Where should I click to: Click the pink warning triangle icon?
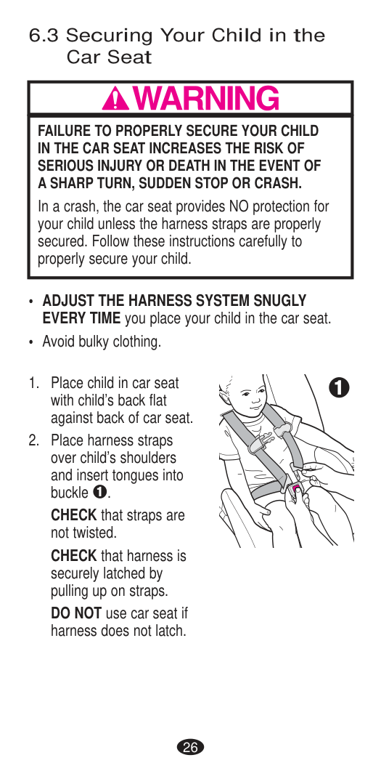pos(115,100)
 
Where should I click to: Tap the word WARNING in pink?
pos(205,99)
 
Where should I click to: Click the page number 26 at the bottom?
pos(190,747)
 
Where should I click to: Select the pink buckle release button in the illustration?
pos(296,488)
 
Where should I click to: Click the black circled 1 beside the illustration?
pos(339,387)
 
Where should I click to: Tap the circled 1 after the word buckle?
pos(99,493)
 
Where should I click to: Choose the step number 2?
pos(33,440)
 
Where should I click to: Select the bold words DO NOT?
pos(76,613)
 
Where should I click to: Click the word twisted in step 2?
pos(97,533)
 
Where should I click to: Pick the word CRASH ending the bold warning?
pos(280,183)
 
